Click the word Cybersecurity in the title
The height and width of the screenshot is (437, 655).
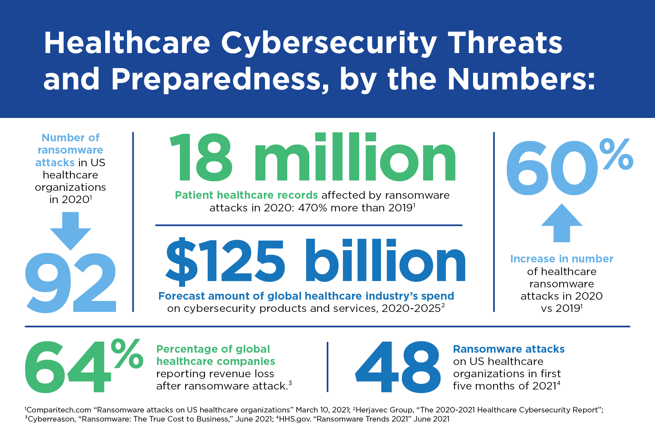(x=329, y=44)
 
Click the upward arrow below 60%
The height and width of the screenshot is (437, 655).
(x=562, y=222)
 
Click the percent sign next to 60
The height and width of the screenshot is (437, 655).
(x=616, y=154)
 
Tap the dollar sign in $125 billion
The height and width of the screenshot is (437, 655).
(x=181, y=261)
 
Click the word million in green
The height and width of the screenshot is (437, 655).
(x=354, y=158)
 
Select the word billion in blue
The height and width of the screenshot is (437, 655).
(x=386, y=261)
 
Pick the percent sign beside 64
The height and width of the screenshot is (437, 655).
(x=127, y=353)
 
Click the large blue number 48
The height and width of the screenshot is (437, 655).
(x=398, y=367)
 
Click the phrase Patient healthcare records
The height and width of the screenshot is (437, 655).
(x=246, y=195)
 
